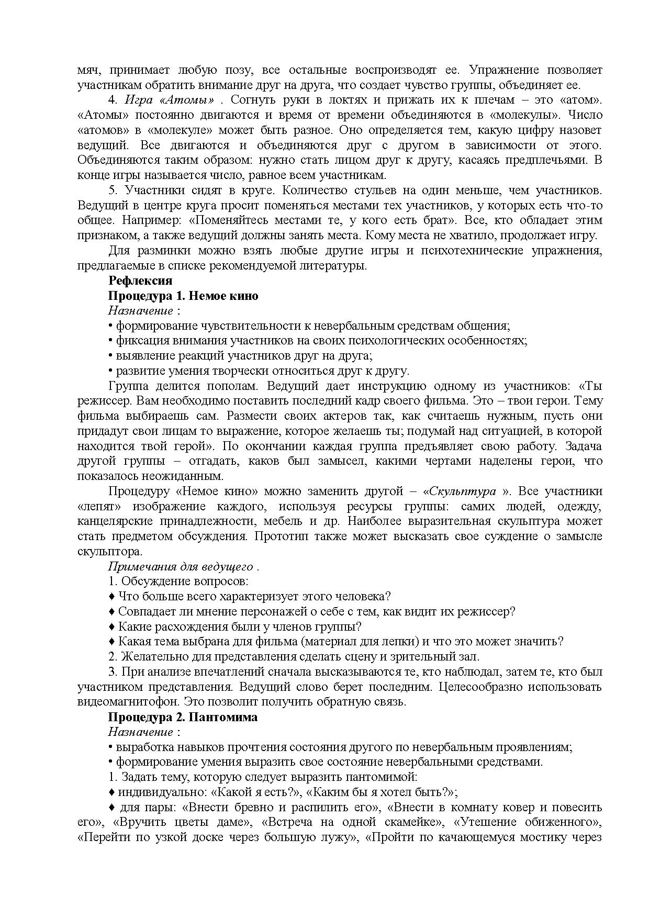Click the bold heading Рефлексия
(140, 281)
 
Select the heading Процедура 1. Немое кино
(183, 296)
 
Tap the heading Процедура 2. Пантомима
(183, 717)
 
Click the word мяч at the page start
(88, 70)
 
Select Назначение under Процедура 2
(140, 732)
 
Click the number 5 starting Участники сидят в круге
(111, 189)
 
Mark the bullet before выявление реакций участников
(110, 356)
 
